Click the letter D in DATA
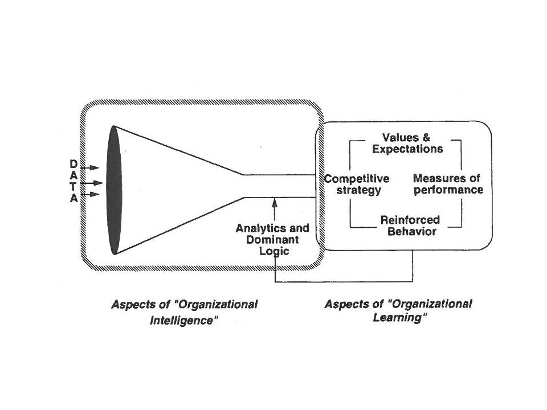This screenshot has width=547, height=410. click(74, 164)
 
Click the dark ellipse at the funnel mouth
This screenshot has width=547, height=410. click(114, 190)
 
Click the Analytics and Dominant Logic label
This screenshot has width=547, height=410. click(272, 240)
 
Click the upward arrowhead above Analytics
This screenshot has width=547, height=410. click(275, 201)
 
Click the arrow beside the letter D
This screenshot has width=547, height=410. click(91, 167)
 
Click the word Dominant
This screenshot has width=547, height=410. click(273, 240)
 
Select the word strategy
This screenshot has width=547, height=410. click(357, 190)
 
